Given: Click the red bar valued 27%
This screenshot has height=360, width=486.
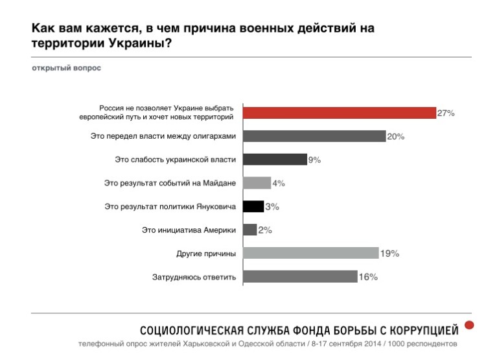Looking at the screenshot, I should tap(339, 112).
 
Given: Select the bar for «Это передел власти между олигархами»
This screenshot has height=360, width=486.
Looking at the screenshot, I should tap(314, 136).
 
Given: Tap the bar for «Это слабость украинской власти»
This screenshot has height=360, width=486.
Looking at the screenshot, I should tap(274, 160).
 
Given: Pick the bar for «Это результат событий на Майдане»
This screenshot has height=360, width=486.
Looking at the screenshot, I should tap(257, 183).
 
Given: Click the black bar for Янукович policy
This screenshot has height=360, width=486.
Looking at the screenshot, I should tap(253, 206).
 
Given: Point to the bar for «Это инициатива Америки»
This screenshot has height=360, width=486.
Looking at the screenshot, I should tap(249, 230).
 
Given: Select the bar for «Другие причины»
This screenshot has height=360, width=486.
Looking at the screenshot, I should tap(310, 253).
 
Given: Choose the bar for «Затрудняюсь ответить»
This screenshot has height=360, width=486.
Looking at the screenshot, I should tap(300, 277).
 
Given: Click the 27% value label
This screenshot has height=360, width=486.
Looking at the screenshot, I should tap(446, 113).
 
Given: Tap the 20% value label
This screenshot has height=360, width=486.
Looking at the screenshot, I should tap(396, 136).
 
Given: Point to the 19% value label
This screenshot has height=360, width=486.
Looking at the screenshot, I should tap(389, 253).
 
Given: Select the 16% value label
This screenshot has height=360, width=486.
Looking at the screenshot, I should tap(368, 277).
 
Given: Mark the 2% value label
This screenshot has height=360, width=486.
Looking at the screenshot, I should tap(265, 230).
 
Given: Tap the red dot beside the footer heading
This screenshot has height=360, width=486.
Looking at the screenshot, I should tap(470, 324).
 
